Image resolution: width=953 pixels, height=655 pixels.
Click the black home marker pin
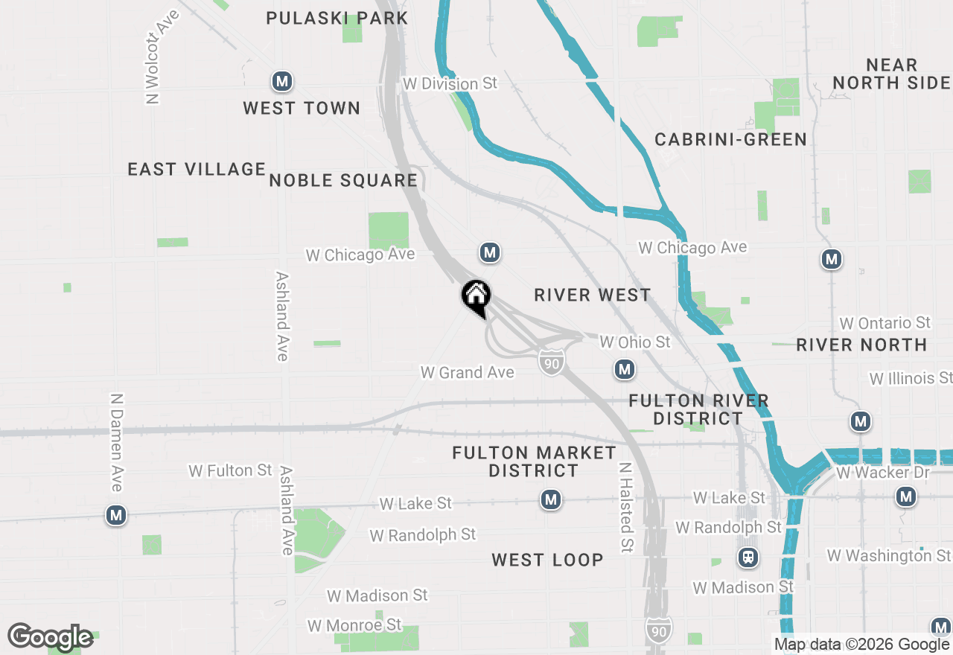click(476, 298)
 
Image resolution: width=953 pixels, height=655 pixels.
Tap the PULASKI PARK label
click(337, 18)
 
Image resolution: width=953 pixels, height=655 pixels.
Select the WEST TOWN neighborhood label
click(302, 109)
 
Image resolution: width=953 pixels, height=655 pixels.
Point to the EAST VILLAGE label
click(197, 170)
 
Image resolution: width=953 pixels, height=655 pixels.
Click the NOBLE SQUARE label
click(343, 181)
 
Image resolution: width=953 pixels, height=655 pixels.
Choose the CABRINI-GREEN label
click(730, 140)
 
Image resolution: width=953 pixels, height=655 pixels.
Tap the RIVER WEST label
click(593, 295)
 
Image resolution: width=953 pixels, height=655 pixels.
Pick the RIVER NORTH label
click(861, 345)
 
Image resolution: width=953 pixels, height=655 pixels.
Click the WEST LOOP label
click(547, 560)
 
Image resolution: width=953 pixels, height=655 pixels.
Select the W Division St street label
click(450, 83)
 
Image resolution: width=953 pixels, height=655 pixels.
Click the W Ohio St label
click(635, 342)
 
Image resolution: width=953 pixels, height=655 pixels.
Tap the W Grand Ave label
click(468, 372)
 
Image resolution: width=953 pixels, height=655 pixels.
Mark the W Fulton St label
click(230, 470)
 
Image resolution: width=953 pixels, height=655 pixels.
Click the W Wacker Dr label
click(873, 473)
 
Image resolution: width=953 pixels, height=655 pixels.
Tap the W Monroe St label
click(354, 624)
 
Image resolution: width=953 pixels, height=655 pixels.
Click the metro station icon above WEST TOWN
click(281, 81)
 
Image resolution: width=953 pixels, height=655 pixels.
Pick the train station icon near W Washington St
click(748, 557)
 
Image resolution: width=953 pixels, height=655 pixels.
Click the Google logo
click(50, 637)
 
